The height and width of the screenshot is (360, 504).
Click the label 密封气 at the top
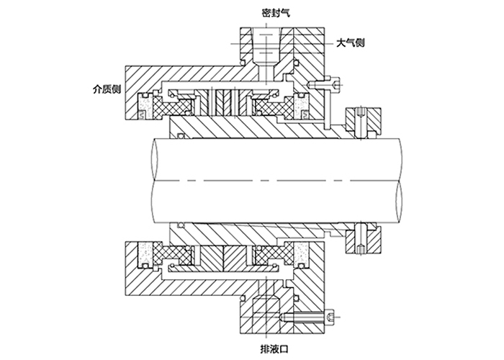[276, 13]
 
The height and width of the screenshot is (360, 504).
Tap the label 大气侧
[351, 42]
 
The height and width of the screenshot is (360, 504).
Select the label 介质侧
[107, 89]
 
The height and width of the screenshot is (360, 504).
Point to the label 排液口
[274, 348]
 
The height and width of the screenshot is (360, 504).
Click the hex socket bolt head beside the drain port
[330, 317]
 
